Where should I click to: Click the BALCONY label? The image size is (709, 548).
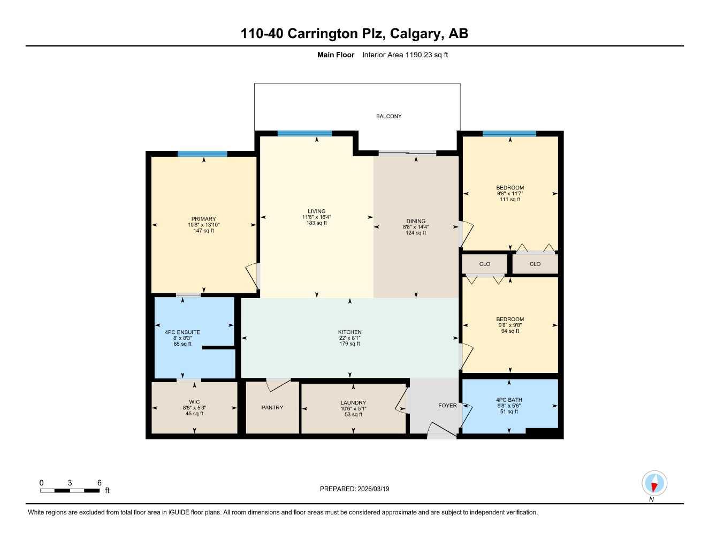[x=388, y=116]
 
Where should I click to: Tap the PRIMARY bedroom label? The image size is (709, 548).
[x=203, y=219]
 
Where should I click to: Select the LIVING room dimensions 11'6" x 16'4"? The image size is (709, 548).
[x=316, y=217]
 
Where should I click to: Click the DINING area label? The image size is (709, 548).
[x=416, y=221]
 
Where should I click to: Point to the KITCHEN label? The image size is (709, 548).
[x=350, y=332]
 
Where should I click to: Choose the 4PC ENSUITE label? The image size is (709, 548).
[x=182, y=332]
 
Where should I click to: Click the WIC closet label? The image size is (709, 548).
[x=194, y=402]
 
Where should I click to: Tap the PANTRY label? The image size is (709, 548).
[x=272, y=408]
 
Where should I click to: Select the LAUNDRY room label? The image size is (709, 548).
[x=353, y=403]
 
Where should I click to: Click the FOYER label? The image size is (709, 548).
[x=447, y=406]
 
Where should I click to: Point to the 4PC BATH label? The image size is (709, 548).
[x=509, y=400]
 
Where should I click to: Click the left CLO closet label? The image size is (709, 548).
[x=485, y=264]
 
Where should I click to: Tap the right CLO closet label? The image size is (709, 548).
[x=535, y=264]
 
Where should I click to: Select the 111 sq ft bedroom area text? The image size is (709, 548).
[x=510, y=200]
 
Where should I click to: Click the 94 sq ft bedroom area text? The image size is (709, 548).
[x=510, y=331]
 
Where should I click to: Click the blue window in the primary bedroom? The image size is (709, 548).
[x=202, y=154]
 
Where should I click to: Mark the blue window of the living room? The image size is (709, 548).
[x=304, y=134]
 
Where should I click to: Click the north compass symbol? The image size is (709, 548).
[x=654, y=484]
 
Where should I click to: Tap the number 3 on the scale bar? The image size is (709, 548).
[x=70, y=483]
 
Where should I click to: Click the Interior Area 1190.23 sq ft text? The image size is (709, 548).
[x=405, y=55]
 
